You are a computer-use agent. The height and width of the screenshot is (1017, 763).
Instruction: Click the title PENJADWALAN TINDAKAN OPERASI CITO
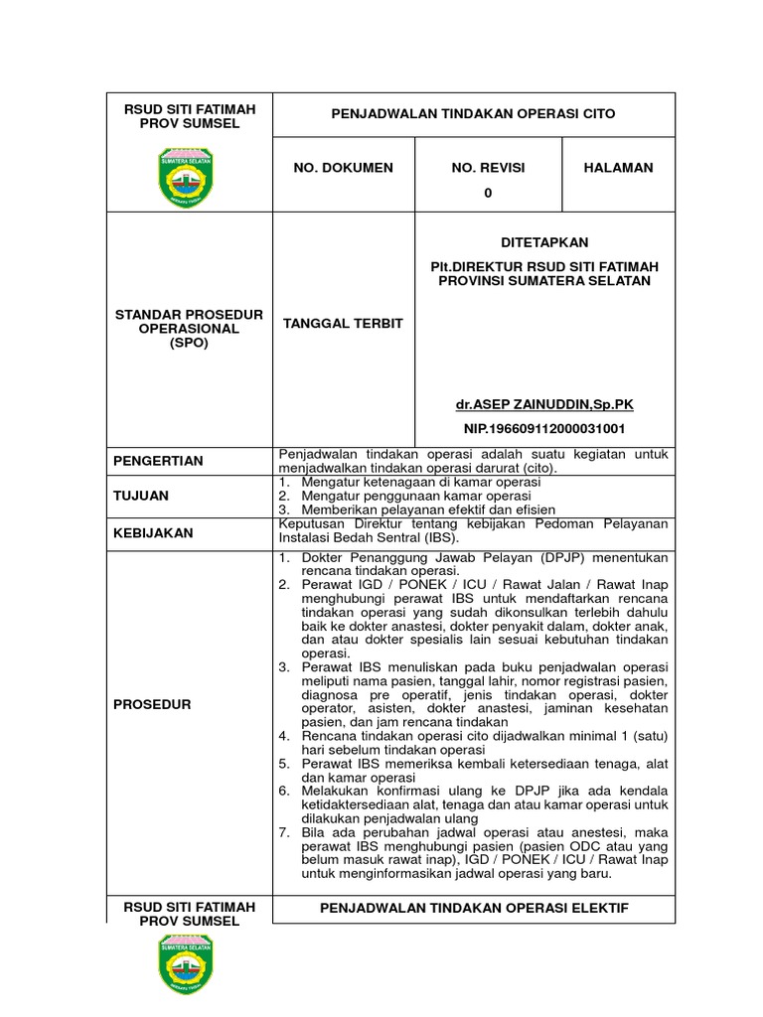coord(473,114)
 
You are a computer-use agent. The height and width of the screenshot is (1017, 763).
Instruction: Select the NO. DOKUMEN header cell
coord(343,168)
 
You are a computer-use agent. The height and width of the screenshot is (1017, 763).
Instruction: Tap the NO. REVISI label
coord(488,168)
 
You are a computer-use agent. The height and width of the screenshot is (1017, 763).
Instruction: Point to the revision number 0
coord(488,193)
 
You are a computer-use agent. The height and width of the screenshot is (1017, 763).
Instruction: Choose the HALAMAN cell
coord(619,168)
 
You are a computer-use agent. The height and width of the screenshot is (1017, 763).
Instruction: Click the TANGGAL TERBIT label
coord(343,324)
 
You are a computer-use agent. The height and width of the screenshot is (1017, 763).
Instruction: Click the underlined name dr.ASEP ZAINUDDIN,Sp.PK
coord(543,404)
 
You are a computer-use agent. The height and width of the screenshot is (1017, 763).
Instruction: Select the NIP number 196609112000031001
coord(544,428)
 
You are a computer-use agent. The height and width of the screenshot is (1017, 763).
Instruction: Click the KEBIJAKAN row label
coord(153,532)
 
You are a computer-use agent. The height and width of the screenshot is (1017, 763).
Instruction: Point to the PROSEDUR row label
coord(151,704)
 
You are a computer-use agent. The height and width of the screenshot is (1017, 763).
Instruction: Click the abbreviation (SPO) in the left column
coord(189,343)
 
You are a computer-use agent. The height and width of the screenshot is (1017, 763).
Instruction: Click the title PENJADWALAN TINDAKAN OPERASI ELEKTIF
coord(473,909)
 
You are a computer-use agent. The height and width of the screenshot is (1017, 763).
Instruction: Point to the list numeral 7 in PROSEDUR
coord(283,829)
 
